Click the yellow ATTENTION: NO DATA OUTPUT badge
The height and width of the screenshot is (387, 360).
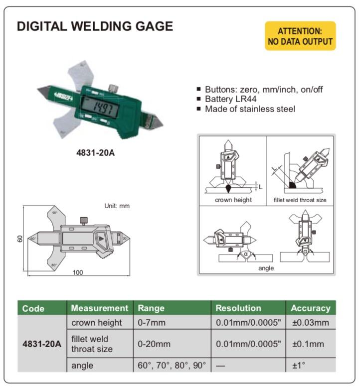[300, 36]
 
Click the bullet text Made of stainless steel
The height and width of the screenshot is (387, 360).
[250, 109]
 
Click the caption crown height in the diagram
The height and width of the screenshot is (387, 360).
[233, 200]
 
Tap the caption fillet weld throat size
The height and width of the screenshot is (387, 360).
[300, 200]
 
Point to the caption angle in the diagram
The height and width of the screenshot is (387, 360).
[266, 268]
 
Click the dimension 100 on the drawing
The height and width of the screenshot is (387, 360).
[78, 272]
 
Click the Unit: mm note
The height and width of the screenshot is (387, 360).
[117, 206]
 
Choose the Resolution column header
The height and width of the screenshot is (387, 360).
[238, 308]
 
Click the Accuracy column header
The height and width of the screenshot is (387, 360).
[311, 308]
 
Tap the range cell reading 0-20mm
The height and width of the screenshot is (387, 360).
[154, 344]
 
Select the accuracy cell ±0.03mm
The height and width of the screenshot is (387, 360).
[311, 322]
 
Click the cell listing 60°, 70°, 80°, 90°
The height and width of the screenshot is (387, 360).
[172, 365]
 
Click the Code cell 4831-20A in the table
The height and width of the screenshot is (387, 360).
[42, 344]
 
